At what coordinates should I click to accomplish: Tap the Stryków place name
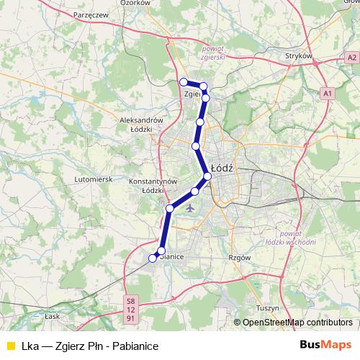[x=298, y=55]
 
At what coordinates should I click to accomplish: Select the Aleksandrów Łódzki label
[x=142, y=124]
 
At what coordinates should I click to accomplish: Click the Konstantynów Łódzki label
[x=149, y=185]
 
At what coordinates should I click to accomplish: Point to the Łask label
[x=51, y=315]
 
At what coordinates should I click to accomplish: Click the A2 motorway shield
[x=351, y=57]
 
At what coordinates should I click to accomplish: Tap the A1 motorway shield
[x=328, y=94]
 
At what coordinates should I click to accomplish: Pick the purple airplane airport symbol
[x=190, y=209]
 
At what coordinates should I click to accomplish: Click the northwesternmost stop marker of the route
[x=184, y=82]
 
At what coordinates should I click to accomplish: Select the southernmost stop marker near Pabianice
[x=153, y=258]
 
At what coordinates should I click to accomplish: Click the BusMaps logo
[x=325, y=345]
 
